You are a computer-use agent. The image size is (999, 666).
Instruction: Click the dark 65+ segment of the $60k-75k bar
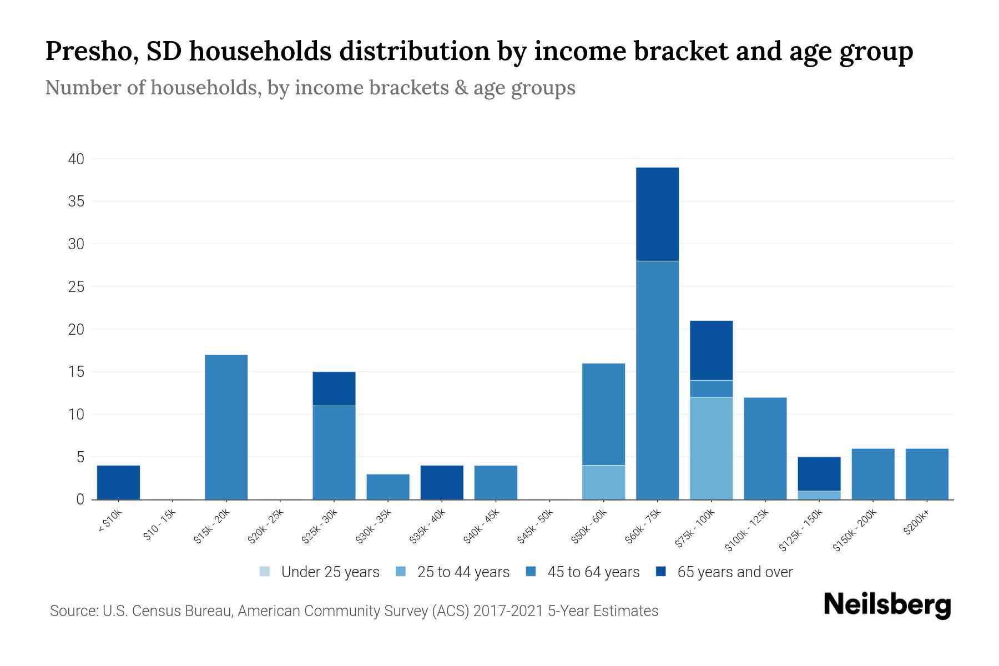tap(657, 214)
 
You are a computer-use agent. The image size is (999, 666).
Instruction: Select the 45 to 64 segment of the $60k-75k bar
tap(657, 380)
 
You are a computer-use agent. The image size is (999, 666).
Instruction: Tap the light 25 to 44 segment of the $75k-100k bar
tap(711, 448)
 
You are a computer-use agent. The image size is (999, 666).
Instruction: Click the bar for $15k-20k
tap(226, 427)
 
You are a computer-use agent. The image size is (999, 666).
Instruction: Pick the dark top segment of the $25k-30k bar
tap(334, 389)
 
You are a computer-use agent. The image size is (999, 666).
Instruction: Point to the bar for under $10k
tap(118, 482)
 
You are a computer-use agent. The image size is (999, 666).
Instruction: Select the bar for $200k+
tap(927, 474)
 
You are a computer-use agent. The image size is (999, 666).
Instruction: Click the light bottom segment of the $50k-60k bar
tap(603, 482)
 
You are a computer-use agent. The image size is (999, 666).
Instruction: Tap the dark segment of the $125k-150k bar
tap(819, 473)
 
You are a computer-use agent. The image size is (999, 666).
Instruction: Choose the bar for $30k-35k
tap(388, 487)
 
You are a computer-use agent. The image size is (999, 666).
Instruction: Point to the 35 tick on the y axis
tap(76, 201)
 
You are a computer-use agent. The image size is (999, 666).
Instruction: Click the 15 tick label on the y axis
tap(76, 372)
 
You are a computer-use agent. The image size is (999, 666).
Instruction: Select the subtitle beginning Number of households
tap(310, 88)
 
